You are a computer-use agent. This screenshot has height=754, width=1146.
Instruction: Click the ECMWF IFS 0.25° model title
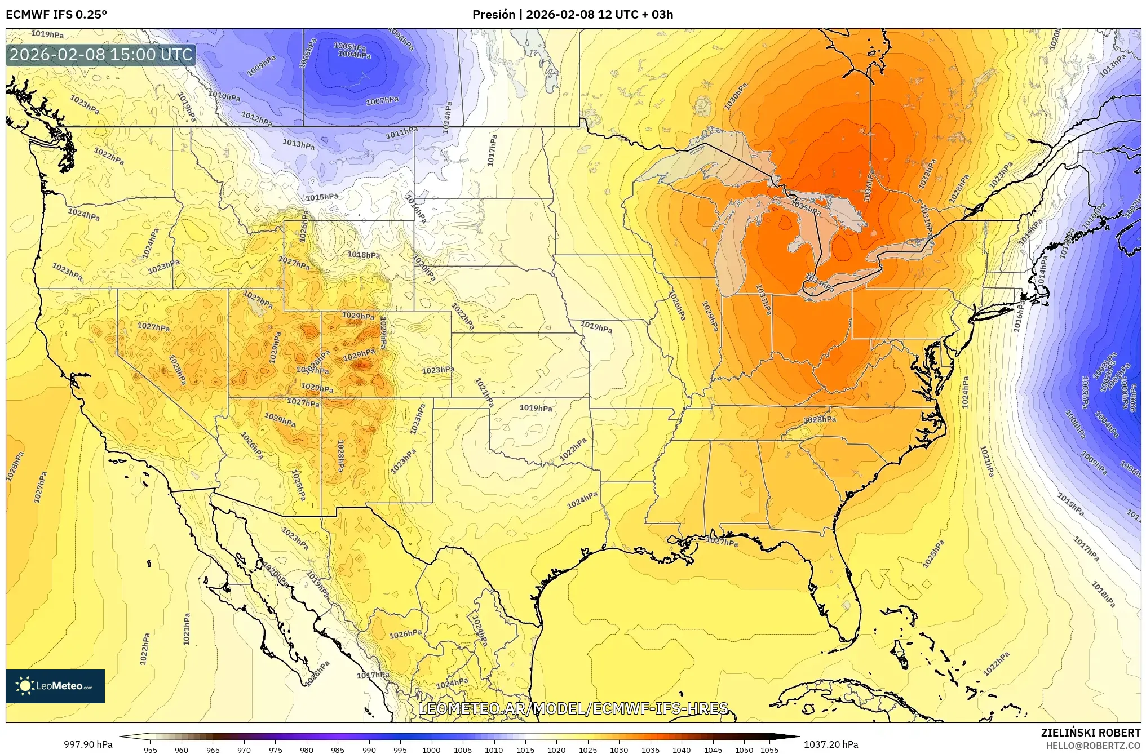pos(56,14)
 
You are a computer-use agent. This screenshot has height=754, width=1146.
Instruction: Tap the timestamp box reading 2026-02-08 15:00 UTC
pos(101,55)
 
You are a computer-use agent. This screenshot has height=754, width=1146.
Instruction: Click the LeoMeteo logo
pos(55,686)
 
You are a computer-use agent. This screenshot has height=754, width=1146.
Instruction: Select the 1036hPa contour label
pos(868,186)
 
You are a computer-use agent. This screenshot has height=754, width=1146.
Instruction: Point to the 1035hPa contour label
pos(806,207)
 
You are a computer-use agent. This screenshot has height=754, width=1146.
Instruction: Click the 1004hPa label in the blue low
pos(354,55)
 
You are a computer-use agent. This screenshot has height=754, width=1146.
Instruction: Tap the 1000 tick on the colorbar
pos(431,749)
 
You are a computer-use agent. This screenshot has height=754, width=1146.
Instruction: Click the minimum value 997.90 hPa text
pos(88,744)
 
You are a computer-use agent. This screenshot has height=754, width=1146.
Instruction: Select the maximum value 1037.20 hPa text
pos(831,744)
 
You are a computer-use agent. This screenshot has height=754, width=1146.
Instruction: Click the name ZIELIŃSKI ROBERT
pos(1090,733)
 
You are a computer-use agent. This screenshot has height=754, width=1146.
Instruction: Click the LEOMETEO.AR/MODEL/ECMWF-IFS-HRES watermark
pos(573,708)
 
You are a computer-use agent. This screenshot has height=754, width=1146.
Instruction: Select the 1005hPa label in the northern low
pos(351,46)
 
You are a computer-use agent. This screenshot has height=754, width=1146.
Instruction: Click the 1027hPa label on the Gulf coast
pos(722,542)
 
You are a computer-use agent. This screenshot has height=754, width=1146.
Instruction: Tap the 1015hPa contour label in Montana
pos(322,197)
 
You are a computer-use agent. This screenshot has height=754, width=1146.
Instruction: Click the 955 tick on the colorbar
pos(150,749)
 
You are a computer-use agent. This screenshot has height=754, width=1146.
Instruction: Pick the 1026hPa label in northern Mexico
pos(405,634)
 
